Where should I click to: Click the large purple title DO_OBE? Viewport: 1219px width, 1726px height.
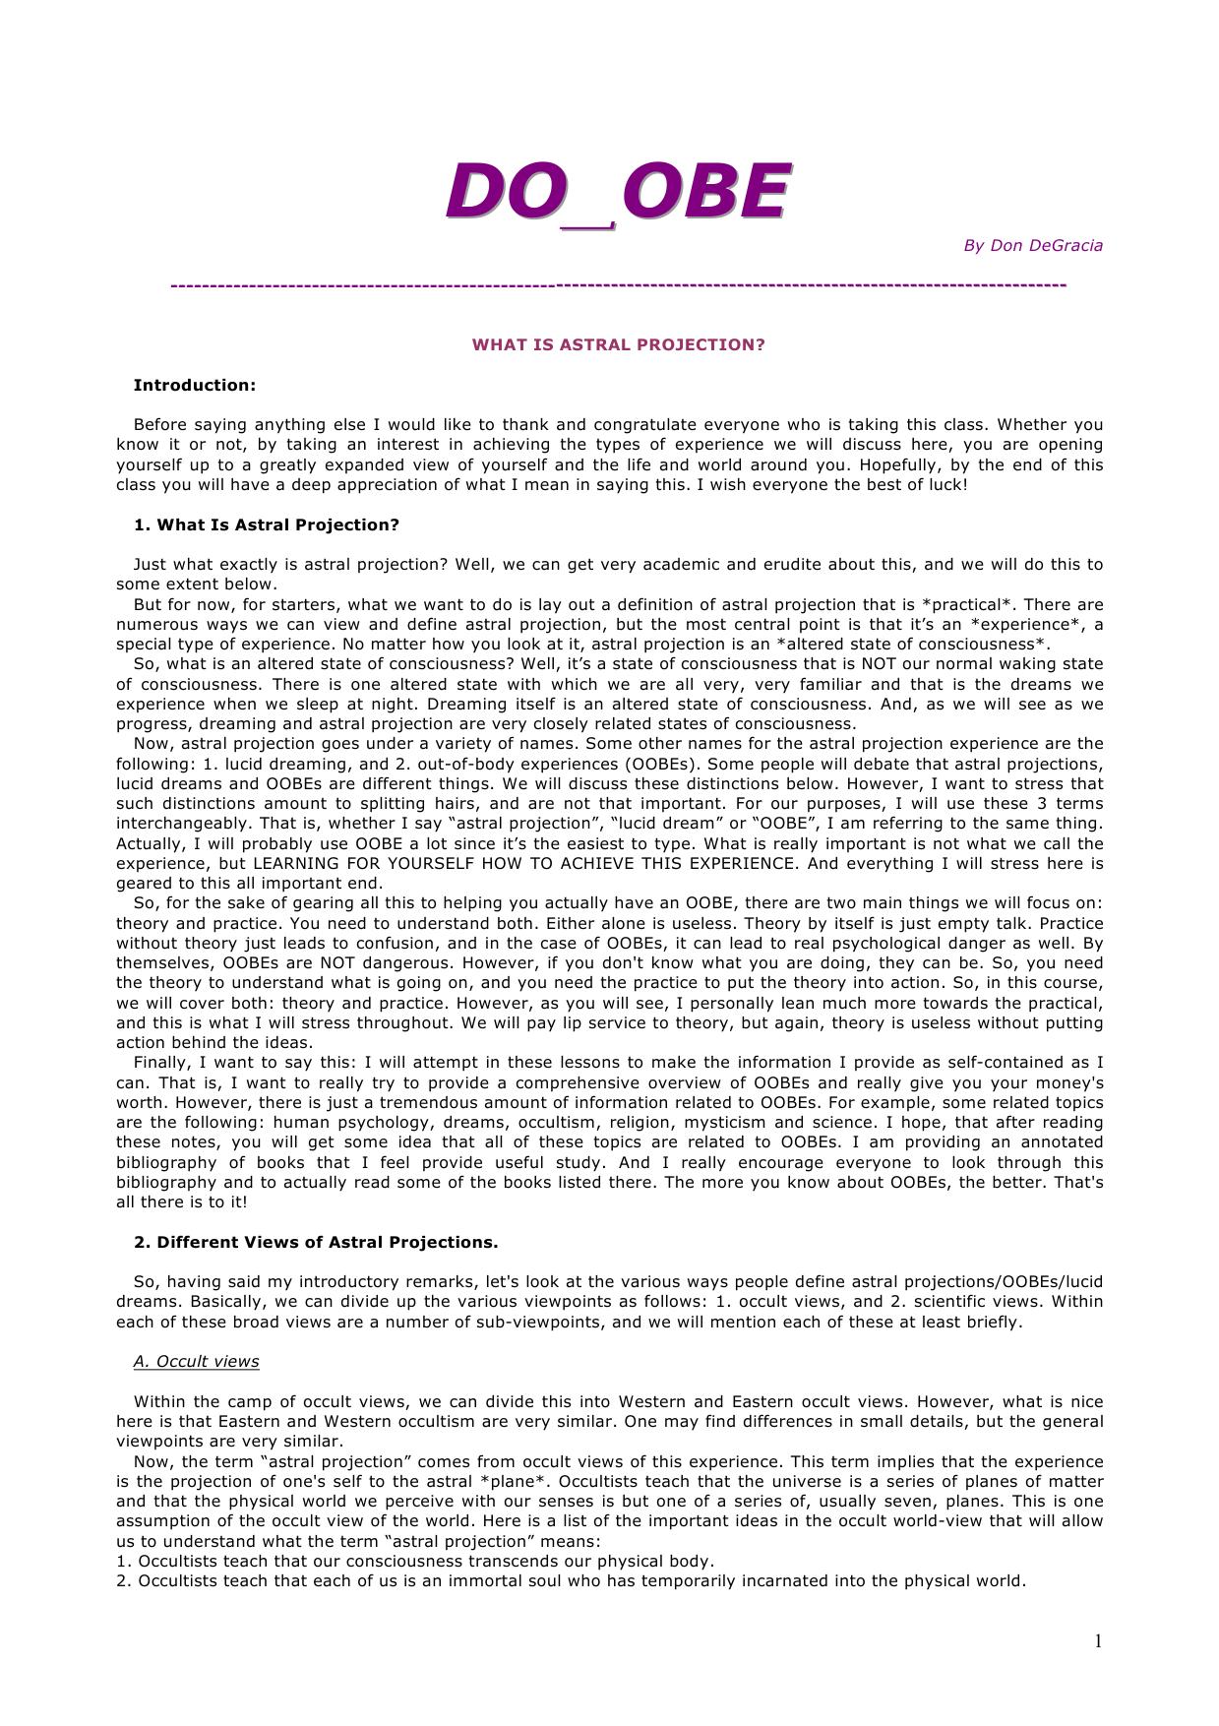pyautogui.click(x=617, y=192)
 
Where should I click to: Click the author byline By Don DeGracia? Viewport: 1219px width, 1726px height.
pyautogui.click(x=1032, y=245)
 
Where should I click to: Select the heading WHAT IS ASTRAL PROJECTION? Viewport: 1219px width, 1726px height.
pyautogui.click(x=618, y=344)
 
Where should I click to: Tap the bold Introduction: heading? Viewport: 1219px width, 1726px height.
pyautogui.click(x=194, y=385)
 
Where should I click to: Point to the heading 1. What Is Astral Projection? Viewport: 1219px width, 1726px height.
pyautogui.click(x=266, y=524)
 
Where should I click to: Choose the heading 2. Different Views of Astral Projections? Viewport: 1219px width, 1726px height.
pyautogui.click(x=315, y=1242)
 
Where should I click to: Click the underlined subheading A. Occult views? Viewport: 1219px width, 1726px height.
pyautogui.click(x=196, y=1361)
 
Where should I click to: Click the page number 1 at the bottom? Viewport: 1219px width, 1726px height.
pyautogui.click(x=1098, y=1640)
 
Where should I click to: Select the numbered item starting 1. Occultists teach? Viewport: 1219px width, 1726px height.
pyautogui.click(x=414, y=1561)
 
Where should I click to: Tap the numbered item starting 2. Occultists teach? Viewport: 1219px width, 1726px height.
pyautogui.click(x=571, y=1580)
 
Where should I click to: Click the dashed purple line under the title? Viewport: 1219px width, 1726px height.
pyautogui.click(x=618, y=285)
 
